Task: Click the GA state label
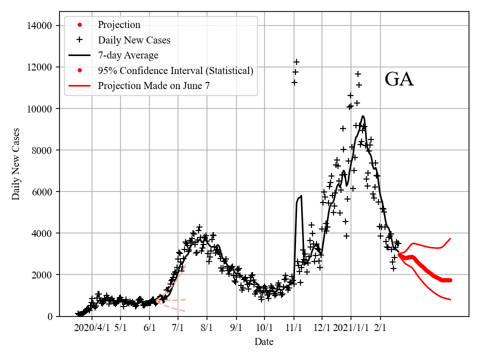pos(399,80)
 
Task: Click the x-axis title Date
pos(263,342)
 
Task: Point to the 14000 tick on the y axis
pos(41,25)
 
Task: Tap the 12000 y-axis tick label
pos(41,67)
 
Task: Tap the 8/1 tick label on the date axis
pos(207,328)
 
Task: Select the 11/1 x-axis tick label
pos(294,328)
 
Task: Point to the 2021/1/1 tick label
pos(351,328)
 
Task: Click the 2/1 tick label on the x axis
pos(380,328)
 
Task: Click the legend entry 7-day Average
pos(128,55)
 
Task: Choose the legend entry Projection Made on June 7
pos(153,85)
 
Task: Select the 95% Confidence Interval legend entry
pos(175,70)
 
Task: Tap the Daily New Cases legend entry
pos(134,40)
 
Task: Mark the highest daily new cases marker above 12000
pos(296,62)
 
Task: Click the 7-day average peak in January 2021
pos(363,116)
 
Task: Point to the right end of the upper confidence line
pos(451,238)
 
